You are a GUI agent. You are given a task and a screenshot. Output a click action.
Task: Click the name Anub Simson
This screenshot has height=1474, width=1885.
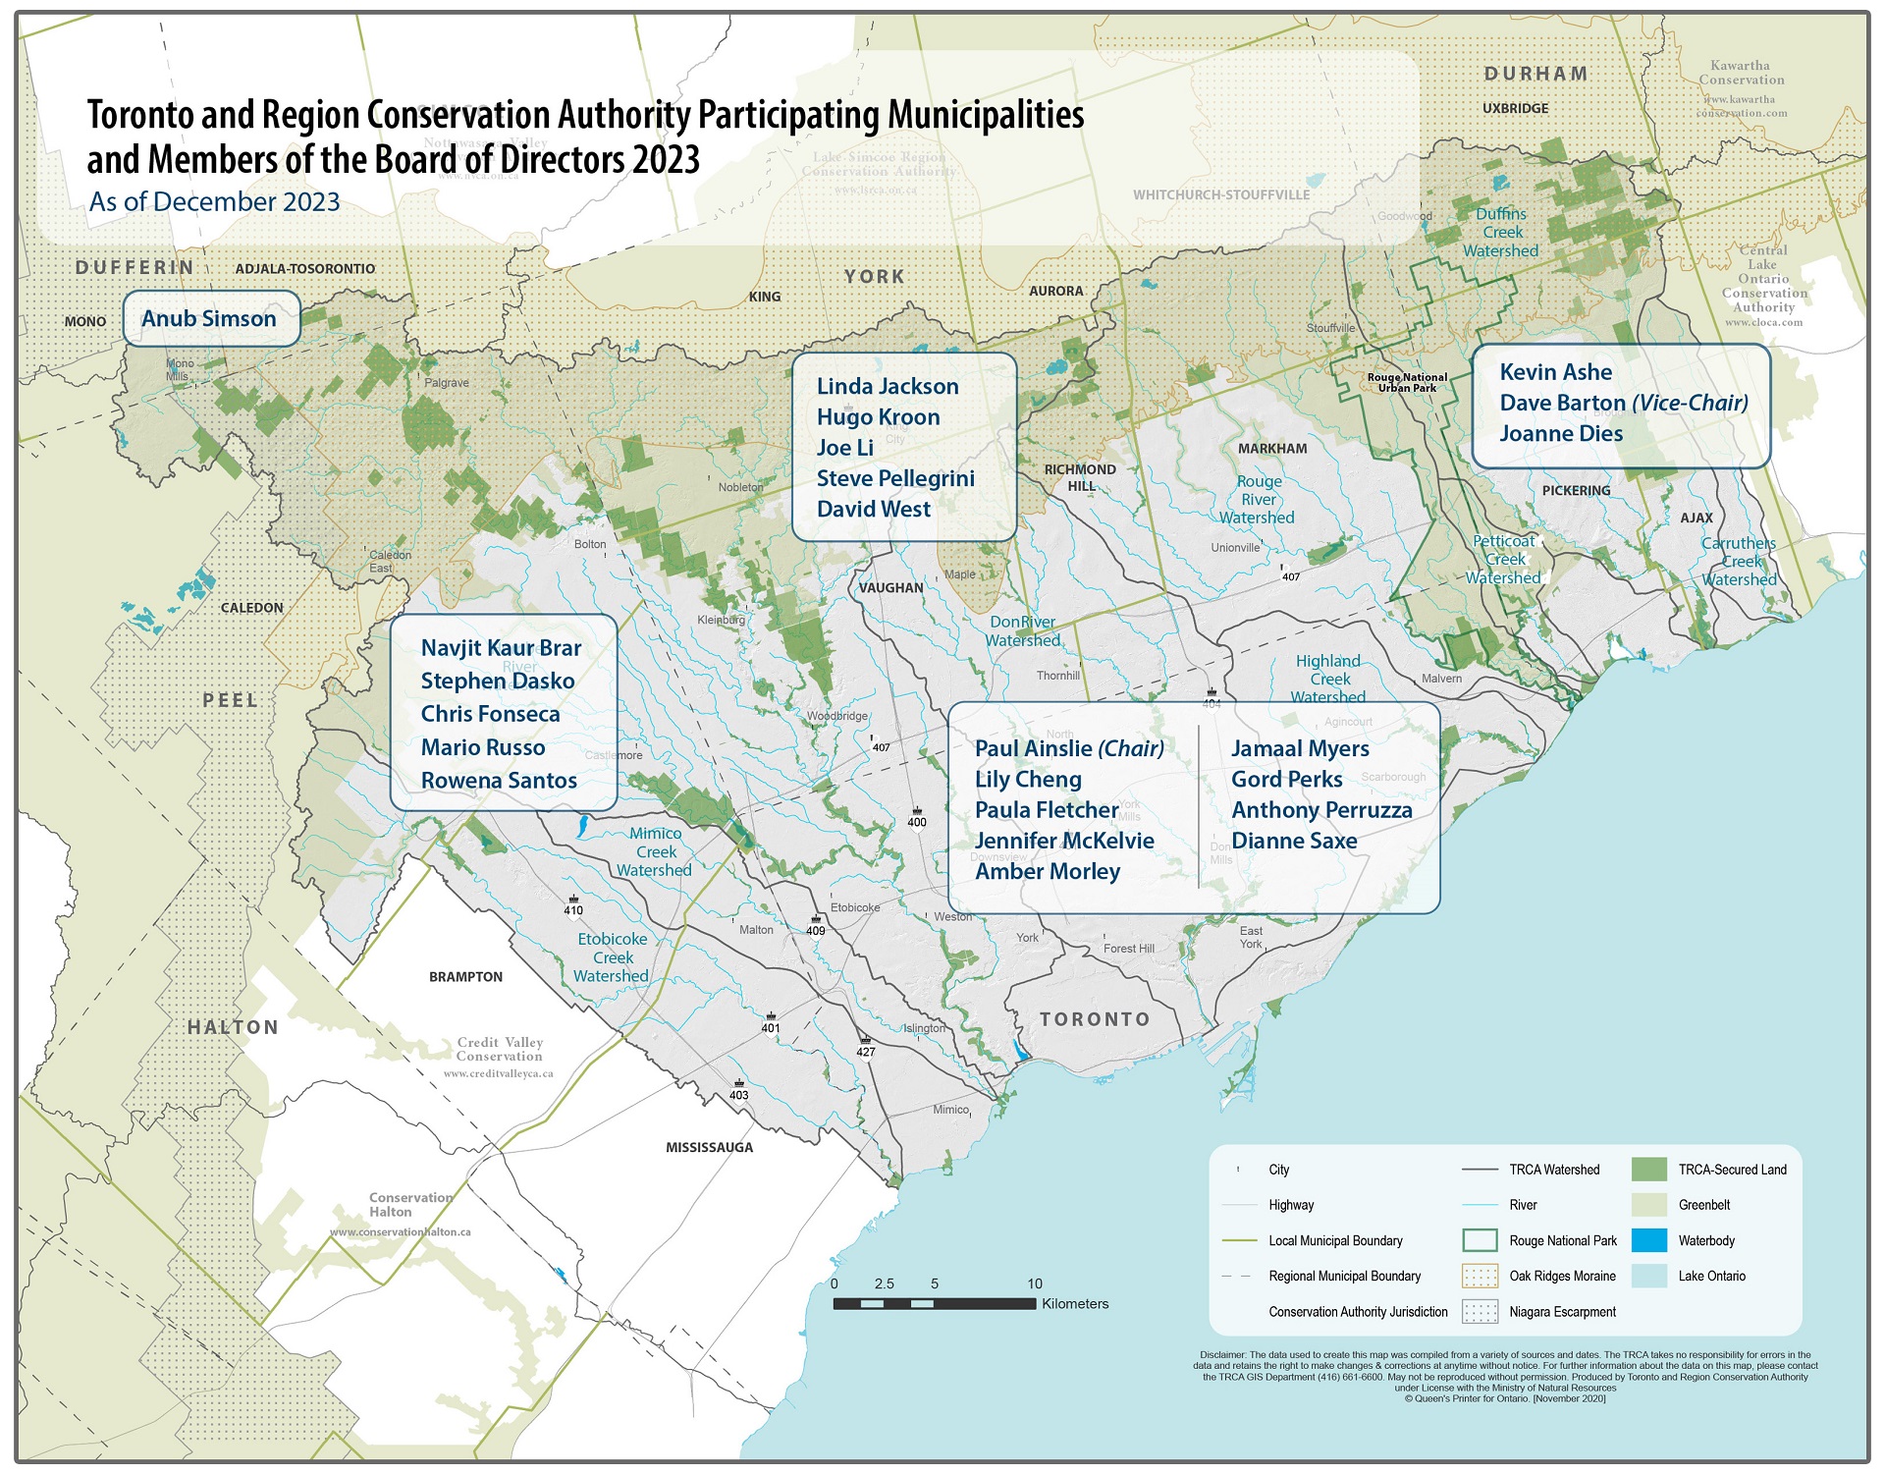click(x=209, y=319)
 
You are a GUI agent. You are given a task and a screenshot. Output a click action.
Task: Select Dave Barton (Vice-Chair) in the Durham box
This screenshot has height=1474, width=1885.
click(x=1623, y=403)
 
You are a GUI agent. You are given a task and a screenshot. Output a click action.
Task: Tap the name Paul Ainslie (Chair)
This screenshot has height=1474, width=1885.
click(x=1068, y=748)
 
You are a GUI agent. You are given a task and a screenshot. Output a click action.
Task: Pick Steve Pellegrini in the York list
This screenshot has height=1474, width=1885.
click(x=895, y=478)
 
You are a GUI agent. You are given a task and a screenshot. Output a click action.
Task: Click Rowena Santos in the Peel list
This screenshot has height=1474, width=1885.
click(x=499, y=781)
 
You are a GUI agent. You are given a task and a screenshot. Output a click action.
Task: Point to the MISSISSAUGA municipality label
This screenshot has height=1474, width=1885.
click(x=709, y=1147)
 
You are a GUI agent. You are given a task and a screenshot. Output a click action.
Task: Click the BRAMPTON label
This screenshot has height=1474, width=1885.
click(x=465, y=977)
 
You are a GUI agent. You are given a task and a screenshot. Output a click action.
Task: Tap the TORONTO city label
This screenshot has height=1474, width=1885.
click(x=1095, y=1019)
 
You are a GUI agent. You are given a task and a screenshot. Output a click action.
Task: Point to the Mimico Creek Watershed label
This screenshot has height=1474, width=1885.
click(x=655, y=851)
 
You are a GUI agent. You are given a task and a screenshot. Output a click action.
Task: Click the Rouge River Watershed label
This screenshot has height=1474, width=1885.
click(x=1258, y=500)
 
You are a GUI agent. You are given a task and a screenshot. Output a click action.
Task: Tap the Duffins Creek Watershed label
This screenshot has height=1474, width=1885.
click(x=1500, y=233)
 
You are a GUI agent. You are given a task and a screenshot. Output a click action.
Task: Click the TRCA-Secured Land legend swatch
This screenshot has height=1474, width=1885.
click(x=1648, y=1170)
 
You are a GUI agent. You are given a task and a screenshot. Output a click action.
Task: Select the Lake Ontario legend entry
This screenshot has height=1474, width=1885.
click(x=1711, y=1277)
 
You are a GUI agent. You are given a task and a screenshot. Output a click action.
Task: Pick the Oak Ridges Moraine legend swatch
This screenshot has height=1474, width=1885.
click(x=1480, y=1277)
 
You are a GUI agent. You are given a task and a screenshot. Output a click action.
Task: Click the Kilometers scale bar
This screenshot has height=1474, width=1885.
click(x=934, y=1304)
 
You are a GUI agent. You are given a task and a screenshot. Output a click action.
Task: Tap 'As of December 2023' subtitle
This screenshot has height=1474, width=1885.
click(x=214, y=202)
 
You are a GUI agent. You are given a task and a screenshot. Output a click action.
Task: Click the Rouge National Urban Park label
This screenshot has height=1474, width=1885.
click(x=1407, y=382)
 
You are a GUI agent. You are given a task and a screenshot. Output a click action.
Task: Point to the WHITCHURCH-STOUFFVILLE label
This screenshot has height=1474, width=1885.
click(x=1220, y=195)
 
